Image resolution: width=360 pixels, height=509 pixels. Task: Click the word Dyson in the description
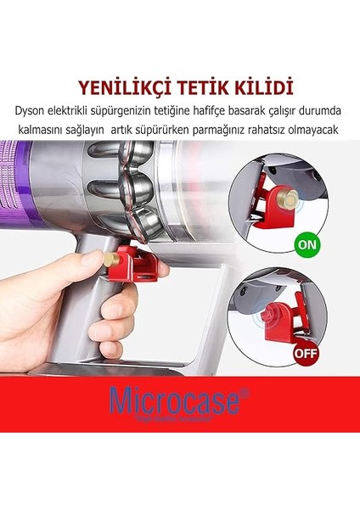coord(31,109)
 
